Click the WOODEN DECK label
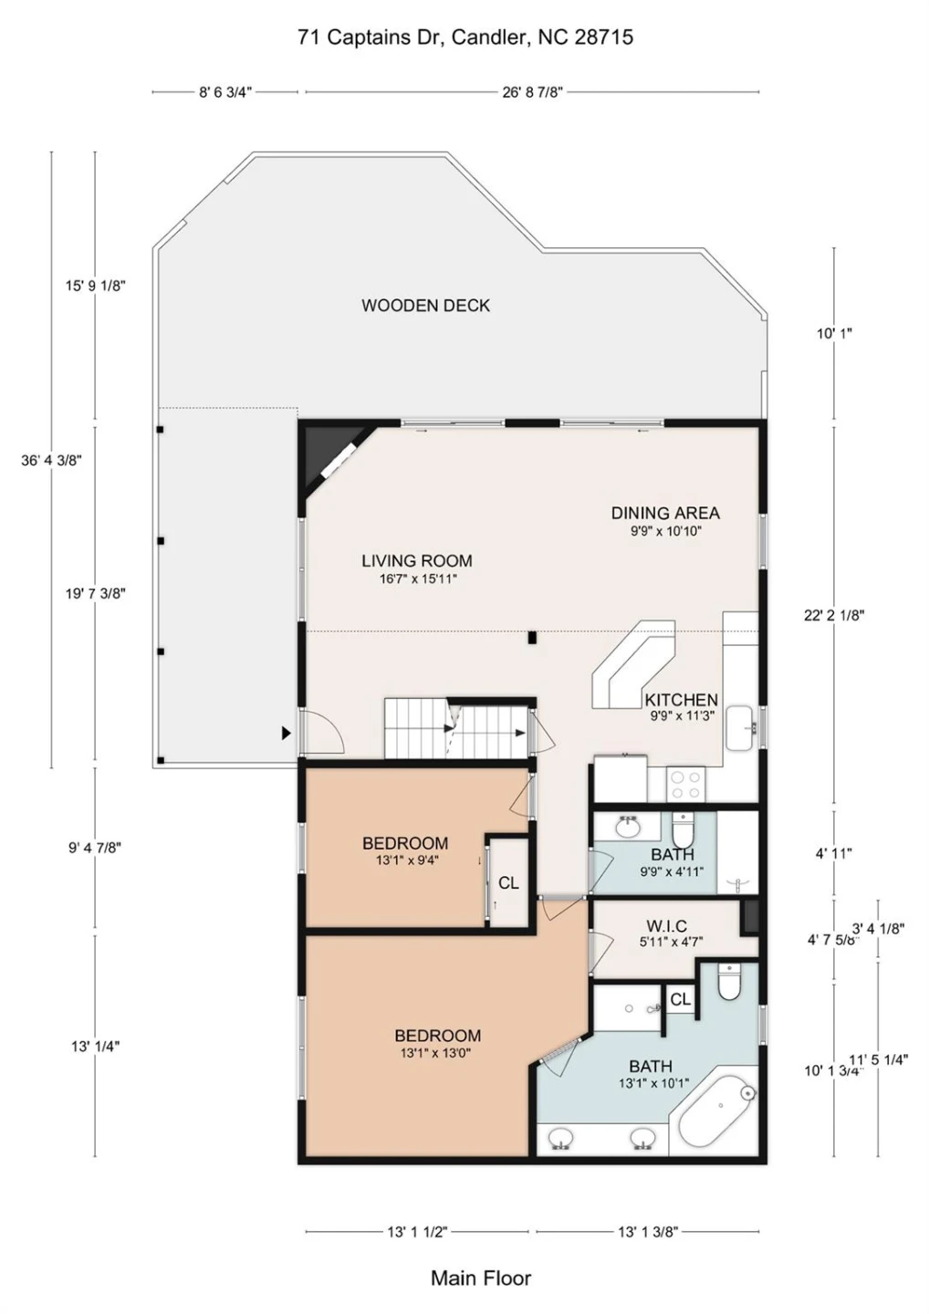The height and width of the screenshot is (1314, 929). coord(425,306)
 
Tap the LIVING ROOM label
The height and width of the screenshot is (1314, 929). coord(417,561)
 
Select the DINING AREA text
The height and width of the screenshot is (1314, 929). coord(665,513)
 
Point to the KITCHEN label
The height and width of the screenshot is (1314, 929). coord(681,700)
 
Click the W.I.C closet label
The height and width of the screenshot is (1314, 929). coord(666,926)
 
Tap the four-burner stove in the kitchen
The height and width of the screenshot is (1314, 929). coord(686,786)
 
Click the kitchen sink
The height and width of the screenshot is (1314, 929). coord(741,728)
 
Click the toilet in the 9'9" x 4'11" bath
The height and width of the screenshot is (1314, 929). coord(683,830)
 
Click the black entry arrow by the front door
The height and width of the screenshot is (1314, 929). coord(287,733)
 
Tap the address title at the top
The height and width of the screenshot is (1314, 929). coord(465,37)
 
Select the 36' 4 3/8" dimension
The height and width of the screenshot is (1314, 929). coord(51,461)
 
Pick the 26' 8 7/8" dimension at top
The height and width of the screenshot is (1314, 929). coord(533,92)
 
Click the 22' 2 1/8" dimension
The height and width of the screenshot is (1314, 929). coord(834,615)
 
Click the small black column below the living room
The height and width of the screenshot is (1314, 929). coord(532,637)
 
